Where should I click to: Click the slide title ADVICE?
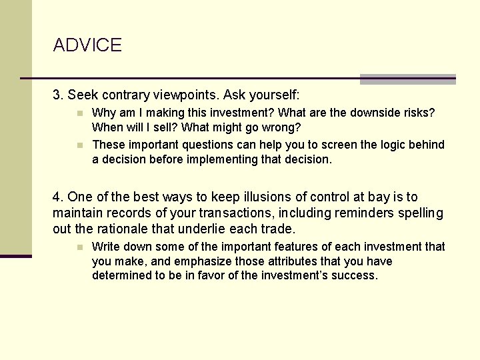(x=87, y=45)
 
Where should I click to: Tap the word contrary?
(x=127, y=95)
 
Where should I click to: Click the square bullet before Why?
(x=78, y=113)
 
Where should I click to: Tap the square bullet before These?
(x=78, y=145)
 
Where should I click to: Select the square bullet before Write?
(x=78, y=247)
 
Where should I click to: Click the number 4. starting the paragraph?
(x=58, y=197)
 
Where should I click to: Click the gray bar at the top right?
(x=407, y=79)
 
